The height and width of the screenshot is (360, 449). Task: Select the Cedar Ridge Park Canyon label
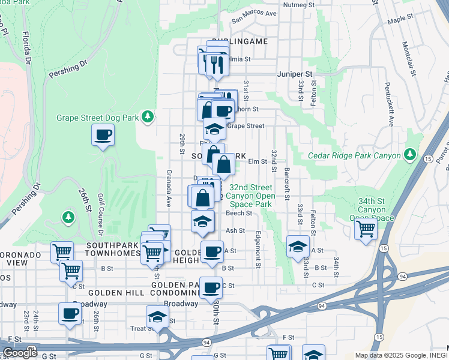354,155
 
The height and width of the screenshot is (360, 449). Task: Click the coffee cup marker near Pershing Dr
103,134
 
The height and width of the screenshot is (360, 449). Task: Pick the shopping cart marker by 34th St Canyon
365,229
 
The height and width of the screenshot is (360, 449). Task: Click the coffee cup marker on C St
211,287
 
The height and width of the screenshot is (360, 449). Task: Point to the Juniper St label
295,74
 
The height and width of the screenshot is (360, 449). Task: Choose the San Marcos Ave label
254,14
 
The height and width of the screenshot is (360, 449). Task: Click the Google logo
20,352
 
